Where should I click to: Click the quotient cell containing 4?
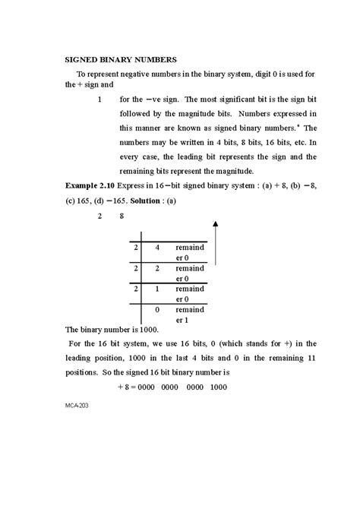coord(156,248)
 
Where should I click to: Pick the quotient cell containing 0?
coord(156,311)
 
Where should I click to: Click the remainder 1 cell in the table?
coord(190,316)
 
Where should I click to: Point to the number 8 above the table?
coord(121,217)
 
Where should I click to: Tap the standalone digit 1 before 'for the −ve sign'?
coord(99,99)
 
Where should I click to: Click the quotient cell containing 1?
coord(156,289)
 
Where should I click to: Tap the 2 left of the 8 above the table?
coord(99,217)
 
